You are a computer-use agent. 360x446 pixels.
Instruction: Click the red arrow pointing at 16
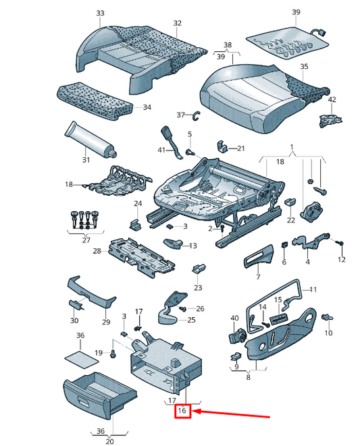pyautogui.click(x=231, y=413)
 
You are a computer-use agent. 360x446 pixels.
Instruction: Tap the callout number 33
pyautogui.click(x=100, y=13)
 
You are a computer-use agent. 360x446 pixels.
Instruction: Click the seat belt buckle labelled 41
pyautogui.click(x=171, y=142)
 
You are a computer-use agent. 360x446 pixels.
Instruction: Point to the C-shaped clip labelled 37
pyautogui.click(x=197, y=115)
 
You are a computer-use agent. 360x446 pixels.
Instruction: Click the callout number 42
pyautogui.click(x=332, y=100)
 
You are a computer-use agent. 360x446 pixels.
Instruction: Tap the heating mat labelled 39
pyautogui.click(x=286, y=43)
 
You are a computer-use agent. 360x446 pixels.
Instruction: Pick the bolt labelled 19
pyautogui.click(x=113, y=354)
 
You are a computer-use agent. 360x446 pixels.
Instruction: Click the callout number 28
pyautogui.click(x=97, y=251)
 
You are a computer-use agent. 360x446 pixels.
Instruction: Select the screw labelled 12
pyautogui.click(x=340, y=244)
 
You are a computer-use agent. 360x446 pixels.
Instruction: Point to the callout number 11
pyautogui.click(x=313, y=289)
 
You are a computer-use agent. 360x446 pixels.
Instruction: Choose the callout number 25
pyautogui.click(x=191, y=320)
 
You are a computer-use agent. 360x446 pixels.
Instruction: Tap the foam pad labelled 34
pyautogui.click(x=95, y=101)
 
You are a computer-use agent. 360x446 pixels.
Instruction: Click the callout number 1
pyautogui.click(x=292, y=147)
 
